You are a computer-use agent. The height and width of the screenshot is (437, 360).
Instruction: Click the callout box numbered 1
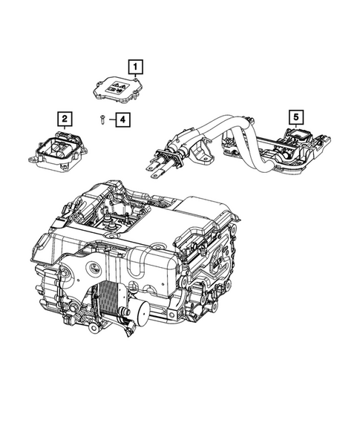point(136,67)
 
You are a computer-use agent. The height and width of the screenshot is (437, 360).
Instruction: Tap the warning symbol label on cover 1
point(119,87)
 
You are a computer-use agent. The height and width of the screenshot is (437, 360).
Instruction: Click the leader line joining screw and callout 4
point(108,119)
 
